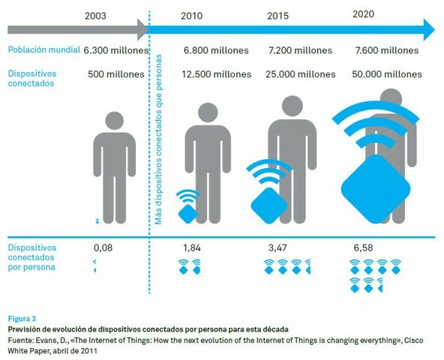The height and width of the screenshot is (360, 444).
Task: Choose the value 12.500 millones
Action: [212, 74]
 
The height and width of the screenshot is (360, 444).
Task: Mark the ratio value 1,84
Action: [193, 246]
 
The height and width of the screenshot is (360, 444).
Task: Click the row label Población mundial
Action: [43, 50]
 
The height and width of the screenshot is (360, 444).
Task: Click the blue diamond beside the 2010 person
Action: [188, 211]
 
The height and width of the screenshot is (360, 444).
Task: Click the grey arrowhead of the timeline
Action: [142, 31]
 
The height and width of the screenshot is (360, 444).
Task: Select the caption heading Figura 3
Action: [22, 317]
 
